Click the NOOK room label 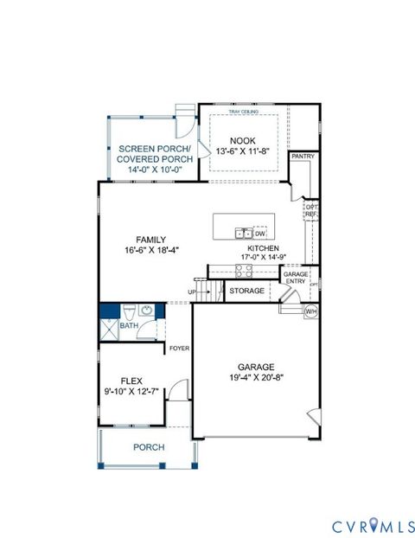tap(241, 140)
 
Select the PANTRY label tap(303, 157)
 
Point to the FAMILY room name tap(150, 240)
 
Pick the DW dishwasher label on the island tap(260, 234)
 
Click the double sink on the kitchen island tap(244, 233)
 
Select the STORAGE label tap(247, 291)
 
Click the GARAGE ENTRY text tap(295, 276)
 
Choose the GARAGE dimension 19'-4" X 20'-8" tap(249, 378)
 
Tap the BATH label tap(128, 326)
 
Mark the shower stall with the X tap(109, 328)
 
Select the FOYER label tap(179, 349)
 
